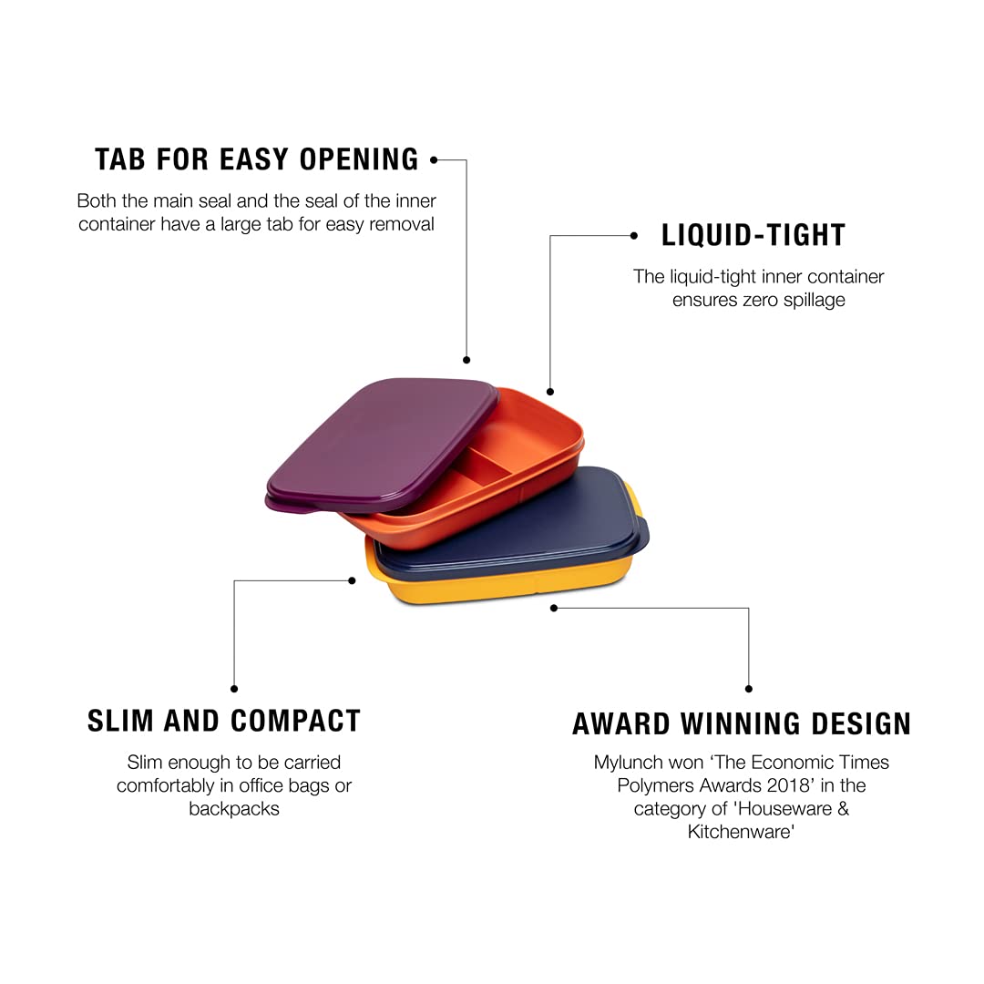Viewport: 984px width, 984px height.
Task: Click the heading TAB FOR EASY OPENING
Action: click(257, 159)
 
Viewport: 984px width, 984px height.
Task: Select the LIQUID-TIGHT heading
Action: click(753, 235)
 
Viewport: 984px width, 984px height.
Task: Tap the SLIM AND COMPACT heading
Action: click(224, 721)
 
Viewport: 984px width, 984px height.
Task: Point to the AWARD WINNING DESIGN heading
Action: click(742, 723)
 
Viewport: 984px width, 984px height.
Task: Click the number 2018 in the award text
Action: click(785, 785)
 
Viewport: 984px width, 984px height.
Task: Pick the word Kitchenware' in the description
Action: click(741, 832)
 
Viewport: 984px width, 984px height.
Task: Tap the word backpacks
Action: click(234, 809)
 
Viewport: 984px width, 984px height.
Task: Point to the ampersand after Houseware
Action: click(843, 808)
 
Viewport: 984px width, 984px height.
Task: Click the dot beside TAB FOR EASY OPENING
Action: click(434, 160)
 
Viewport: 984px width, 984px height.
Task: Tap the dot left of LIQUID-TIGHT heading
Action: click(634, 236)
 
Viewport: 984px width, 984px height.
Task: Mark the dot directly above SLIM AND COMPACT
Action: click(234, 689)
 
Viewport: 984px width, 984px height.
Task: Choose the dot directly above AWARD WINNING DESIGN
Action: click(749, 689)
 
